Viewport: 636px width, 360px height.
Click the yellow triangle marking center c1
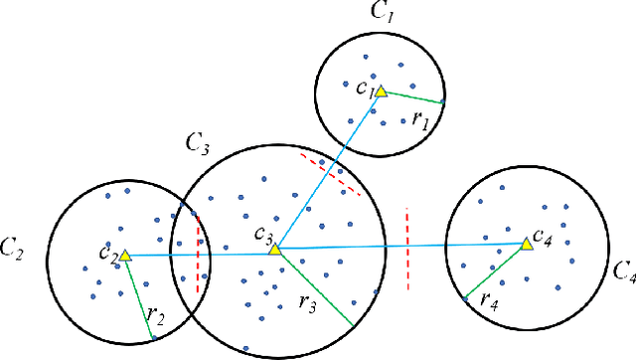[x=380, y=90]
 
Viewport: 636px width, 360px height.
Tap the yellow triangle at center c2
[x=125, y=257]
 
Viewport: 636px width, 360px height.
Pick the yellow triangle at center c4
[x=526, y=243]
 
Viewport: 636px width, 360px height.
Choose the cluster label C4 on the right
[x=623, y=270]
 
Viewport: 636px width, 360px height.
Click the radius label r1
[x=420, y=117]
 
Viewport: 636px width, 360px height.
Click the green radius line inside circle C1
[x=411, y=96]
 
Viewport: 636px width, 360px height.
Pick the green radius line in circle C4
[x=495, y=270]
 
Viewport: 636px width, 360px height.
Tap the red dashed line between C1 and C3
[x=330, y=173]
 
